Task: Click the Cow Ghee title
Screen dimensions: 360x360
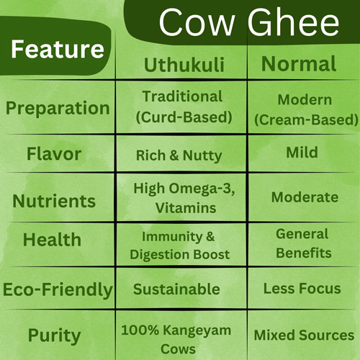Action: (x=248, y=23)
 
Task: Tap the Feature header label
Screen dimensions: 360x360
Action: (x=58, y=50)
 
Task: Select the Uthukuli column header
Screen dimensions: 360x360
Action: (x=184, y=64)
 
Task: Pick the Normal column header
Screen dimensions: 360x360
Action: (x=298, y=63)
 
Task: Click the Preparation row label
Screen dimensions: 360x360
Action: (x=58, y=108)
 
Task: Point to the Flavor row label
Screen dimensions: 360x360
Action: (x=54, y=154)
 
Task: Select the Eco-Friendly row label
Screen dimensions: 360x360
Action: (x=58, y=289)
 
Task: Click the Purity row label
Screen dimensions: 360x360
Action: (x=54, y=335)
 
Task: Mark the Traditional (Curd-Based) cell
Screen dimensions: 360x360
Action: (x=182, y=107)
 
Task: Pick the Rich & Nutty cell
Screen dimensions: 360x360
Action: (x=179, y=155)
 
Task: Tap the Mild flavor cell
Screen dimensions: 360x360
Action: (x=302, y=153)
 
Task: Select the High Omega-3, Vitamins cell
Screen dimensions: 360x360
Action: (x=184, y=198)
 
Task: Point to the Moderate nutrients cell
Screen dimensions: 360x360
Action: (x=305, y=197)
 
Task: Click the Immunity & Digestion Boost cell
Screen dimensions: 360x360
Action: (x=180, y=244)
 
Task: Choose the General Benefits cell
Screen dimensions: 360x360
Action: (x=302, y=243)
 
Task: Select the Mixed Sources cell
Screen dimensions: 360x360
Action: (x=304, y=335)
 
